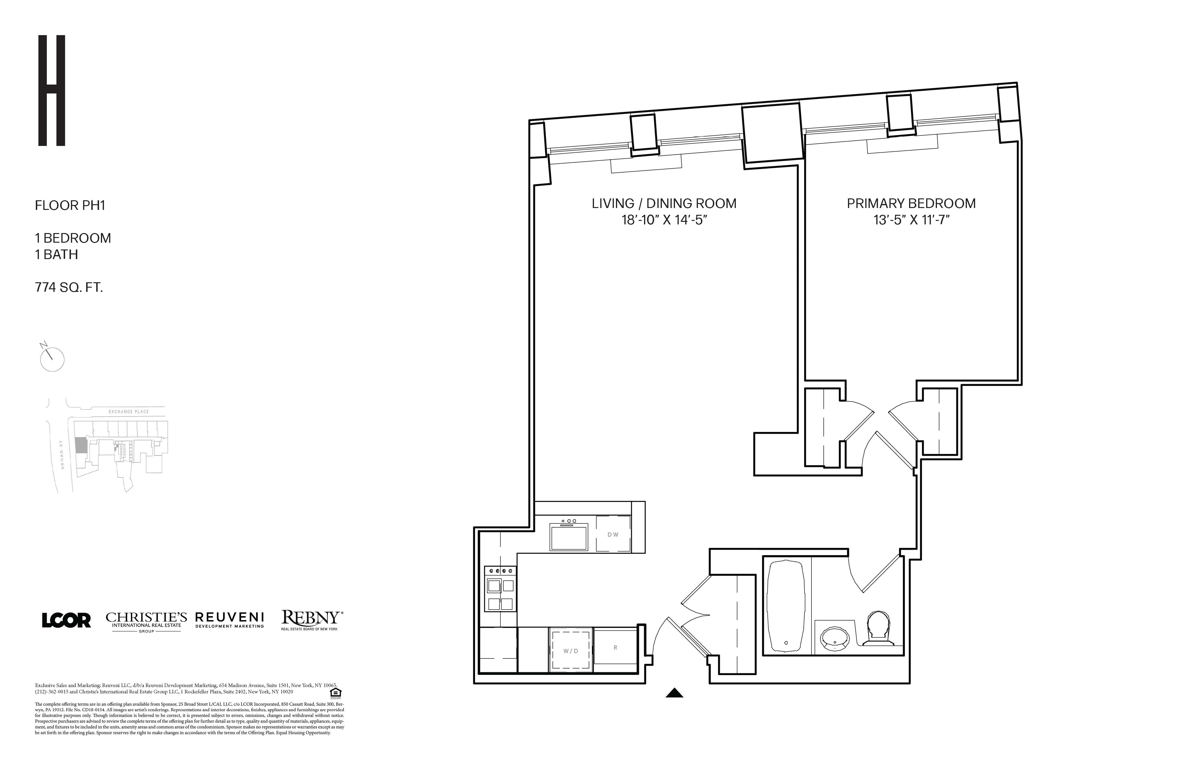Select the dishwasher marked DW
click(612, 534)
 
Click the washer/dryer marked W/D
click(571, 650)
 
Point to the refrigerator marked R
click(615, 647)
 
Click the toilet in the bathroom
click(878, 628)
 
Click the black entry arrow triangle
click(674, 693)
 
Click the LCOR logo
click(66, 621)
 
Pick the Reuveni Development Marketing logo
click(229, 619)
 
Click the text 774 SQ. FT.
click(69, 288)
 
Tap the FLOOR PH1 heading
click(70, 205)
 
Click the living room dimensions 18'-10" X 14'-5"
click(664, 220)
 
